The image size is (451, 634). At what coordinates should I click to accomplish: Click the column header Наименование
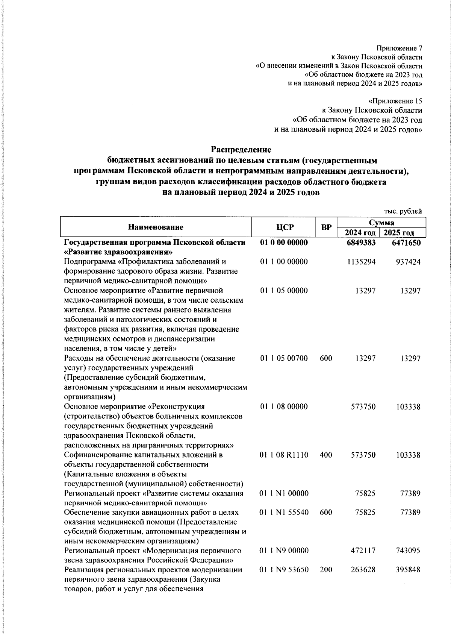point(156,227)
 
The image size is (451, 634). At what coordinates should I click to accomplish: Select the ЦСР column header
point(284,227)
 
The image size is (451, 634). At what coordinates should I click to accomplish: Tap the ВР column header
point(326,227)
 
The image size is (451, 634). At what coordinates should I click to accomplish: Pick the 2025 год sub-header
point(403,233)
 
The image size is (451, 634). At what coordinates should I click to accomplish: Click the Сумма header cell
point(381,223)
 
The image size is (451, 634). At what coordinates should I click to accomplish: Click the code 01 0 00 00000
point(284,243)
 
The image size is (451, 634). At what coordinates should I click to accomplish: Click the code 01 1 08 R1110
point(284,455)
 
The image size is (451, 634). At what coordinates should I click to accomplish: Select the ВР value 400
point(325,455)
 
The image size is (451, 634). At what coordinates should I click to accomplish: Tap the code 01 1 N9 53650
point(284,570)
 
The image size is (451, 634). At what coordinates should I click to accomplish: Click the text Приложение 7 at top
point(400,49)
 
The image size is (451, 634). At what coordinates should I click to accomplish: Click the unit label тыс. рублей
point(403,211)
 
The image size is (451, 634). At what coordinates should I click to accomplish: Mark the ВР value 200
point(325,570)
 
